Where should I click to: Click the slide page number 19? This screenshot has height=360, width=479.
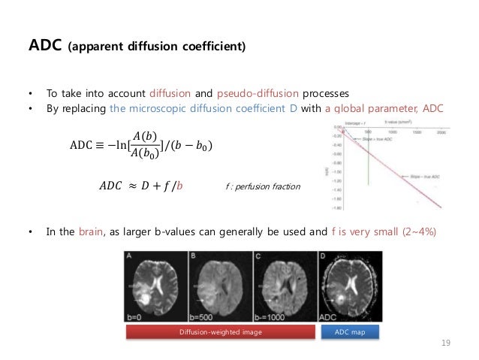445,343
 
